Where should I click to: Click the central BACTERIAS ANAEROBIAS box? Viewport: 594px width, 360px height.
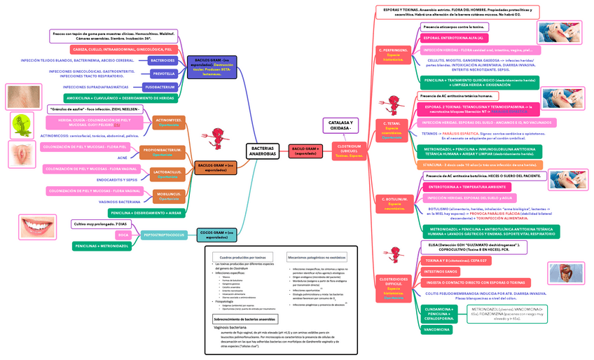click(263, 151)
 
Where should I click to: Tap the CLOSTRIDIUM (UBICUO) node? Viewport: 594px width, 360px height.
click(350, 151)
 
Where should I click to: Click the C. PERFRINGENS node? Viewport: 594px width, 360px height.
click(394, 54)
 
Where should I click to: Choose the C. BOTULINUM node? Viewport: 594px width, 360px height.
click(396, 203)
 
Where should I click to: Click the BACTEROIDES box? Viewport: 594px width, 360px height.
click(163, 60)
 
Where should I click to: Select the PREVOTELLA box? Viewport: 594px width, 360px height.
click(163, 73)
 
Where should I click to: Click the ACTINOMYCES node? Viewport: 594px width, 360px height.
click(169, 123)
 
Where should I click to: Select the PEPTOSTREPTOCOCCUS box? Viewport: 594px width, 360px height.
click(163, 235)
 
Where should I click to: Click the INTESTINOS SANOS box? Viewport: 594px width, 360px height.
click(441, 271)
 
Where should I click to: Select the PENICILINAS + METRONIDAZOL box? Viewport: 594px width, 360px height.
click(102, 247)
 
